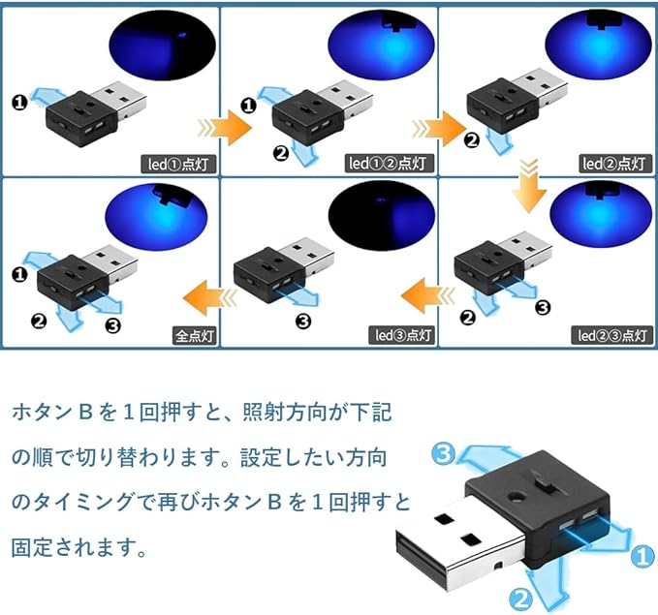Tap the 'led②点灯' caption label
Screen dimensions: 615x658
pos(612,164)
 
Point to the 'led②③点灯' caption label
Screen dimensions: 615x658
pos(611,335)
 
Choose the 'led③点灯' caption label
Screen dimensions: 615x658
pos(403,335)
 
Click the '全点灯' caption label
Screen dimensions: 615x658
pos(195,335)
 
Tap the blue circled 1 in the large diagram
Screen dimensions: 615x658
pos(640,556)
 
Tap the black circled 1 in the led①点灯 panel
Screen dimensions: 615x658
pos(18,101)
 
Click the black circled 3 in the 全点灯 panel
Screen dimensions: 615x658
pos(113,324)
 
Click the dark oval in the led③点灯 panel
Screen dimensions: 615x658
pos(379,214)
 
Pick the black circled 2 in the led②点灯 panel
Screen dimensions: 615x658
pos(472,139)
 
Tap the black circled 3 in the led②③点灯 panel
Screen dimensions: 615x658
pos(543,308)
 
